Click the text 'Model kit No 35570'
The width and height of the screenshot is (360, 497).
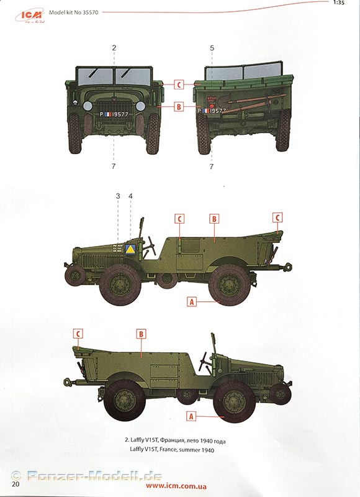[73, 12]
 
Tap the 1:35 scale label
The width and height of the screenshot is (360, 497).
[339, 3]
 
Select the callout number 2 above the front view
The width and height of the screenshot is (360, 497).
[114, 48]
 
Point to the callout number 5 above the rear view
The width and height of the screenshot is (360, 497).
[212, 48]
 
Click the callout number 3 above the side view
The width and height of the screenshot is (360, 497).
[118, 196]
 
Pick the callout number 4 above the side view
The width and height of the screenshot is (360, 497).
[130, 196]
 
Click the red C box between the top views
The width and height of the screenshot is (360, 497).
[179, 84]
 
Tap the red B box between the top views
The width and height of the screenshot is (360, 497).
[179, 107]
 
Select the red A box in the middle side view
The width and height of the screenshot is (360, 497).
[192, 302]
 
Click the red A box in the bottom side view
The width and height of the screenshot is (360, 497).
[191, 416]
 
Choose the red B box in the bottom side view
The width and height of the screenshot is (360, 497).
[142, 334]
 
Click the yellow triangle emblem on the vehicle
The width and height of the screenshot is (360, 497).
[130, 250]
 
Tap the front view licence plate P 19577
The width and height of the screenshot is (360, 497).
[114, 114]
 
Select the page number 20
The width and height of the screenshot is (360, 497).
[16, 484]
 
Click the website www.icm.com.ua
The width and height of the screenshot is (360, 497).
[176, 486]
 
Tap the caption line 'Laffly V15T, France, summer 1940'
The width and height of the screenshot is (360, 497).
[172, 449]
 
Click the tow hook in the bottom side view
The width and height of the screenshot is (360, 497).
[68, 381]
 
